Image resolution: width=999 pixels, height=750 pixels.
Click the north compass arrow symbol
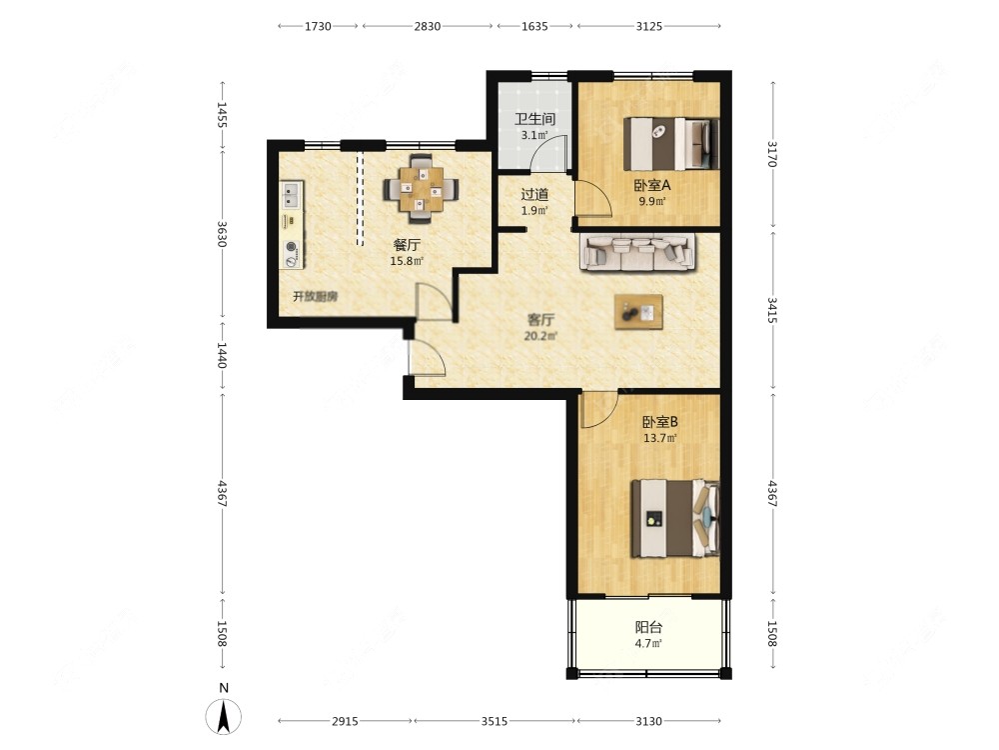(223, 716)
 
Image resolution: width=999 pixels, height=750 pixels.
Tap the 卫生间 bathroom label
(534, 119)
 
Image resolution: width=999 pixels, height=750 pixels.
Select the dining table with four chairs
(421, 189)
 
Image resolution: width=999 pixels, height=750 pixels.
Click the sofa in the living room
(637, 252)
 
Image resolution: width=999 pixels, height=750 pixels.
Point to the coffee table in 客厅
(638, 312)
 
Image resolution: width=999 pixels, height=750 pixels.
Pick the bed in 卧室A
(671, 143)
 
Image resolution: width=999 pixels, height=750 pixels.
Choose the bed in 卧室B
(675, 519)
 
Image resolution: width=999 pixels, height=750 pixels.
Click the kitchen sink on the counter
(291, 195)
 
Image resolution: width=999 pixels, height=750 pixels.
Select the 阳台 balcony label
(648, 627)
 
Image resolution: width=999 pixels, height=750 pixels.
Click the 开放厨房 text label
(316, 297)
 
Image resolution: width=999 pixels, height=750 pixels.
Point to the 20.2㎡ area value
(540, 336)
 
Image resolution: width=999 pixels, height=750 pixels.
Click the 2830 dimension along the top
(427, 26)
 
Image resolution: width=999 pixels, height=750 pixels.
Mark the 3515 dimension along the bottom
(495, 721)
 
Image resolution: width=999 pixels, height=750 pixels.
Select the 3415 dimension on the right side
(772, 310)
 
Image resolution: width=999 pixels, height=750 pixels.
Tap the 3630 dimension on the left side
(222, 234)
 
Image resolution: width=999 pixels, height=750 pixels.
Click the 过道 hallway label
(534, 195)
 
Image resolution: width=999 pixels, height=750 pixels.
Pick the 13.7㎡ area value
(659, 438)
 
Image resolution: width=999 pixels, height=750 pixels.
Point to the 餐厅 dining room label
(407, 245)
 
